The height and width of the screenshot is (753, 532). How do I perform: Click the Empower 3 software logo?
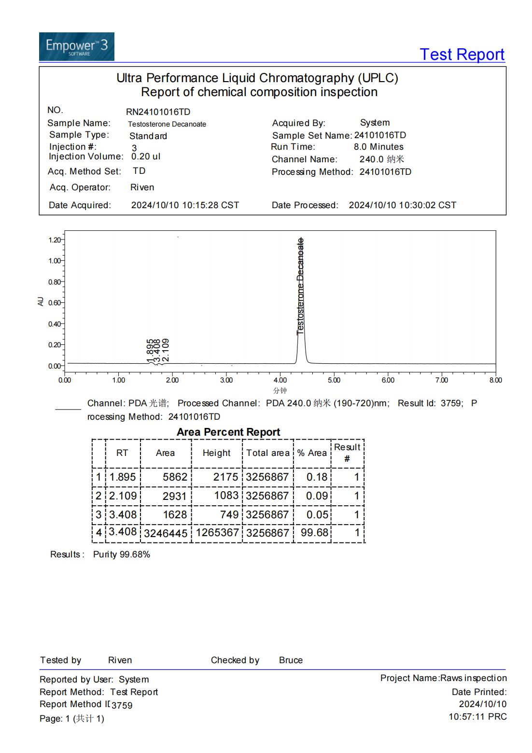point(76,47)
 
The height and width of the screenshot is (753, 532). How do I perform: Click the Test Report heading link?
point(462,55)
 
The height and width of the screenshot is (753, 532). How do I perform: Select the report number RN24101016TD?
point(158,112)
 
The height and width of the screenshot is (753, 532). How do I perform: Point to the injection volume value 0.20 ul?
point(145,156)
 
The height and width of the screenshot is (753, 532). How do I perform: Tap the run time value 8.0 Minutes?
point(378,147)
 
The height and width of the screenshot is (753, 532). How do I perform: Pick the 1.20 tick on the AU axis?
point(55,240)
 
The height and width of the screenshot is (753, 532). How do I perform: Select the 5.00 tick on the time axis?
point(334,380)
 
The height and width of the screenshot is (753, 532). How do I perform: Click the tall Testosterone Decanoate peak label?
point(300,286)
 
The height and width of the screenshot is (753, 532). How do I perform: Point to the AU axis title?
point(41,302)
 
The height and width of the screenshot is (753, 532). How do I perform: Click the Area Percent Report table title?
point(228,432)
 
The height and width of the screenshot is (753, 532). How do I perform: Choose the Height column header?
point(216,453)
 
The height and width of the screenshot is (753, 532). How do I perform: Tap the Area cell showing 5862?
point(175,477)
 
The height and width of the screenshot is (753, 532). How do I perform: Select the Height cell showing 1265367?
point(217,533)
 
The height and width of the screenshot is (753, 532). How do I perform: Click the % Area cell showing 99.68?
point(314,533)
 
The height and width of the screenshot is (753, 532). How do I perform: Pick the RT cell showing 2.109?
point(123,496)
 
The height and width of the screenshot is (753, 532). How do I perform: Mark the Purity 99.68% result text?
point(122,554)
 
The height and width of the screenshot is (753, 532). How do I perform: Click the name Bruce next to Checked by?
point(291,660)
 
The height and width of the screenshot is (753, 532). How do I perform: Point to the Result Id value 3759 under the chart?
point(451,403)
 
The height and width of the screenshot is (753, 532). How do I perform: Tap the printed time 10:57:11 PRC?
point(477,717)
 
